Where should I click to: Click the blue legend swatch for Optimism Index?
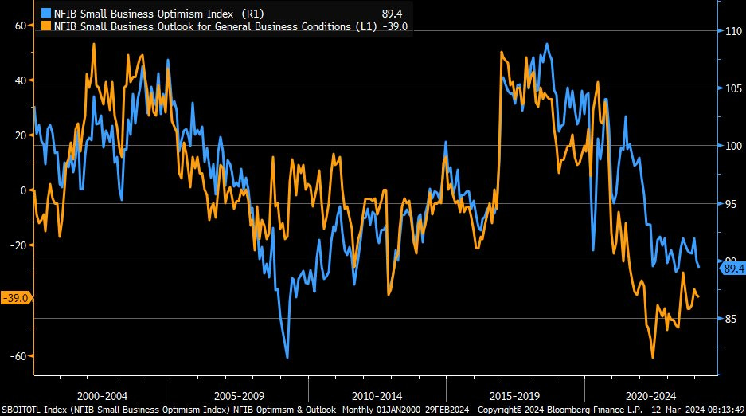45,12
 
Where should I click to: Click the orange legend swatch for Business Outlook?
45,26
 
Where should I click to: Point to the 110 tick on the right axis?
731,32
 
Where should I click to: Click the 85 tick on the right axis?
731,319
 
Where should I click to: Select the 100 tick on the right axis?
731,146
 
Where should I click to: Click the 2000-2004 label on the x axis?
101,396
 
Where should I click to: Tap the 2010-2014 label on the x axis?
377,396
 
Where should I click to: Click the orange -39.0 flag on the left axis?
16,298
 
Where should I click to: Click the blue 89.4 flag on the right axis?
732,269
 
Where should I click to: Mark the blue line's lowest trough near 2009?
287,358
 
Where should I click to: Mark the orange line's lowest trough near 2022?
653,358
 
